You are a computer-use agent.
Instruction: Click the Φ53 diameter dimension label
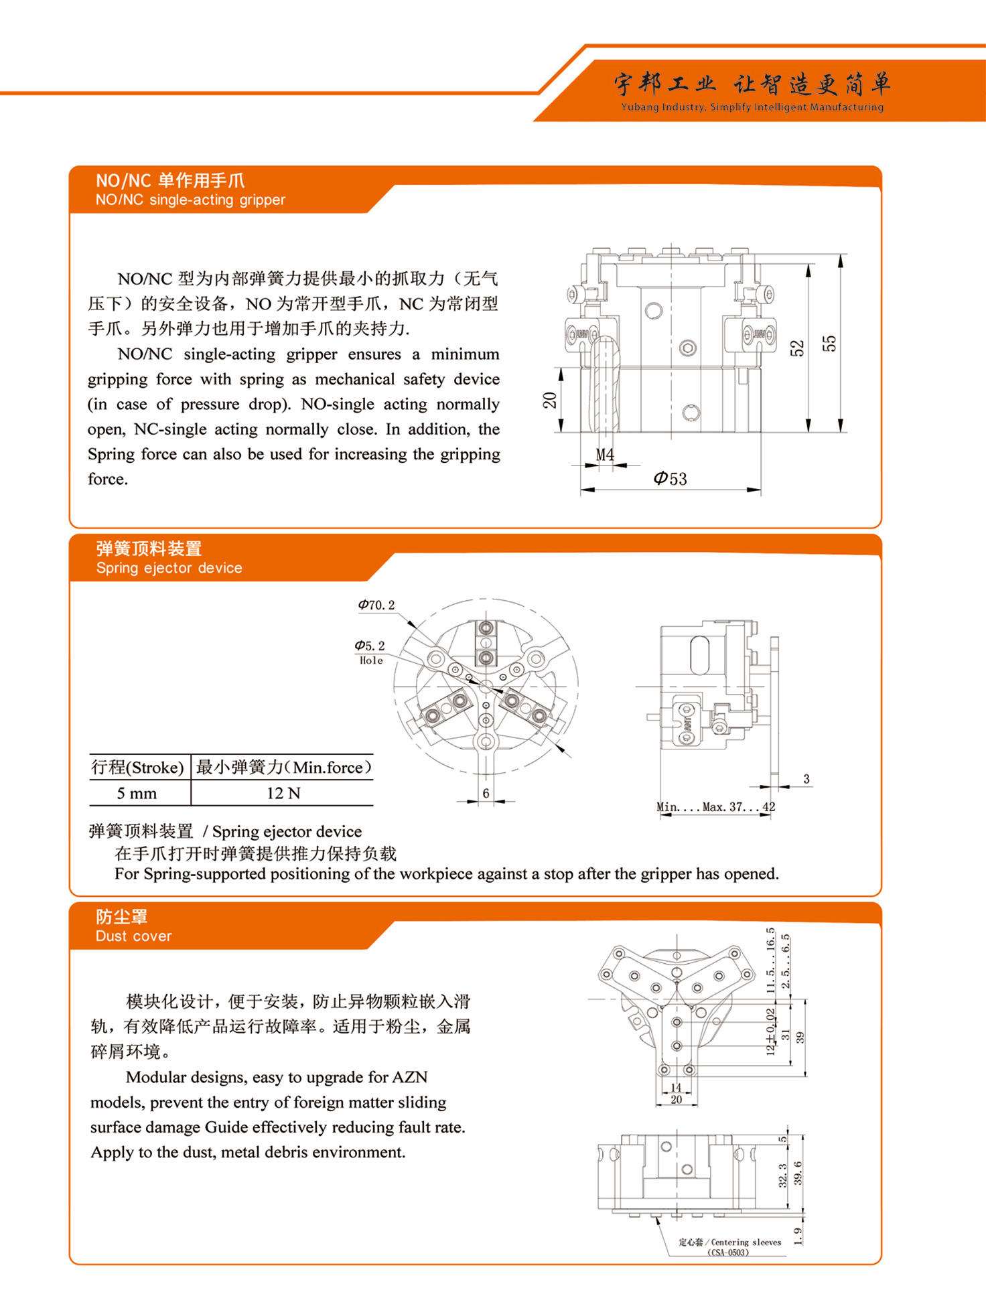[x=671, y=478]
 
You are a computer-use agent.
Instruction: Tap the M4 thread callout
[x=605, y=455]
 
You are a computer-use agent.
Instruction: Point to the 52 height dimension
[x=796, y=348]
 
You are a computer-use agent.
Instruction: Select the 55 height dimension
[x=829, y=343]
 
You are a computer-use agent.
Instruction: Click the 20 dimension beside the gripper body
[x=549, y=400]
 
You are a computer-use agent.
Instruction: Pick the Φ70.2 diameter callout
[x=376, y=605]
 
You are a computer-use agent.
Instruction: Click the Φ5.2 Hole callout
[x=370, y=652]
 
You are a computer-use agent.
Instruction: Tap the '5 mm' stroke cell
[x=137, y=794]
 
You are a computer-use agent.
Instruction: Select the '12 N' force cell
[x=283, y=794]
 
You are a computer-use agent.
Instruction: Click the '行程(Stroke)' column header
[x=137, y=768]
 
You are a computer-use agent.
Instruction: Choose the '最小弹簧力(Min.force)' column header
[x=283, y=768]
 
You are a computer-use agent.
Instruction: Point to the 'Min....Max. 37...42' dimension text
[x=715, y=807]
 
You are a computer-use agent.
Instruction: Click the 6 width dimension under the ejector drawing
[x=486, y=793]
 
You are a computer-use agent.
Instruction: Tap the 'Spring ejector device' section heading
[x=169, y=568]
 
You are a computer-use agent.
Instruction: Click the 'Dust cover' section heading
[x=133, y=936]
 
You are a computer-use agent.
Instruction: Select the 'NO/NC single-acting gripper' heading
[x=190, y=200]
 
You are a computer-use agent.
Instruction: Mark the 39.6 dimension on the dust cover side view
[x=798, y=1173]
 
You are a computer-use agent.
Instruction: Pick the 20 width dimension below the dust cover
[x=676, y=1100]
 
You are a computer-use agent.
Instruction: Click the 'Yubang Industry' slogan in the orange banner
[x=752, y=107]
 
